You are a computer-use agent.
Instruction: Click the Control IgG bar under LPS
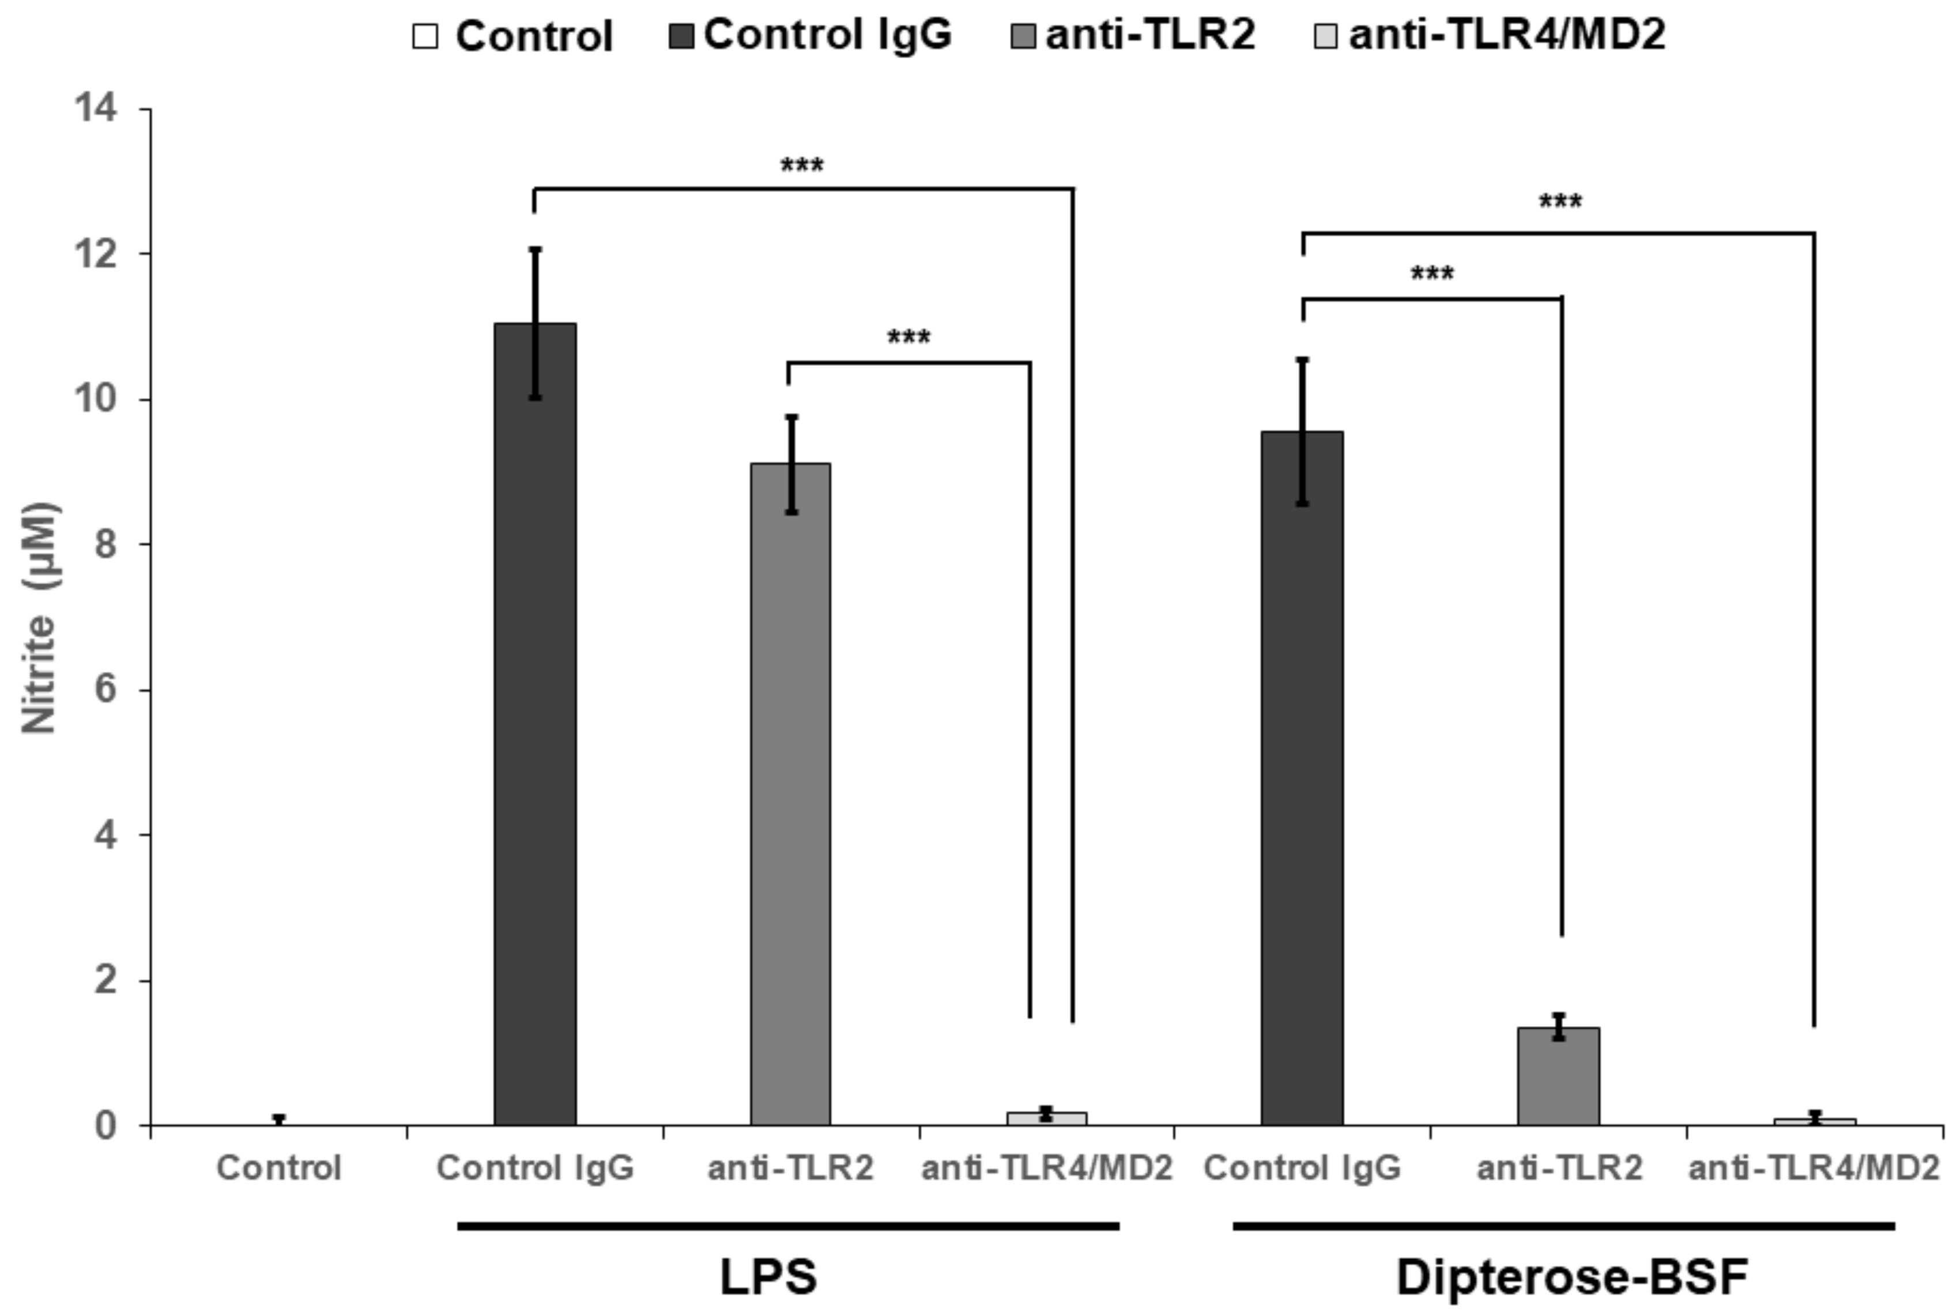(x=535, y=723)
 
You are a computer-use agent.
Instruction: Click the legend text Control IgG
(x=827, y=35)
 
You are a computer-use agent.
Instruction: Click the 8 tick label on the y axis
(x=105, y=544)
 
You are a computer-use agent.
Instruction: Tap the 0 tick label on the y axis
(x=105, y=1125)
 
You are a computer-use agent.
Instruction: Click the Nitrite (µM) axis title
(x=39, y=618)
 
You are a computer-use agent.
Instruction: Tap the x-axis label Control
(x=279, y=1167)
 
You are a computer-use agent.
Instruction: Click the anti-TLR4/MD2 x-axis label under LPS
(x=1046, y=1167)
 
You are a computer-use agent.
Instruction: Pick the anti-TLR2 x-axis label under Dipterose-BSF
(x=1559, y=1167)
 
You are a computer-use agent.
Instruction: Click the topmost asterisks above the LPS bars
(x=802, y=166)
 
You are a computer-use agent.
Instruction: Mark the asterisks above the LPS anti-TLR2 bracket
(x=909, y=339)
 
